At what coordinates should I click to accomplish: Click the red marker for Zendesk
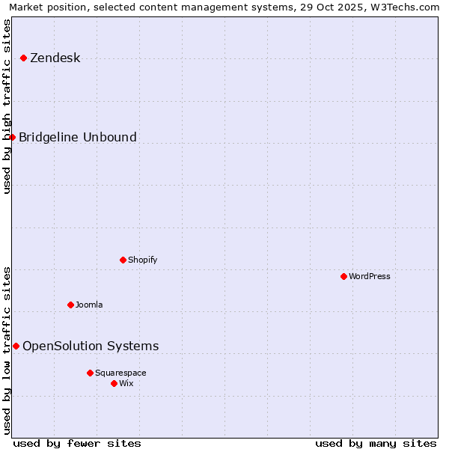pos(23,58)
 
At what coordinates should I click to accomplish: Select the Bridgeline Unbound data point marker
pos(12,137)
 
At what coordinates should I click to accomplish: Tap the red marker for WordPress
pos(343,276)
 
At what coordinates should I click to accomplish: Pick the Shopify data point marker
pos(123,260)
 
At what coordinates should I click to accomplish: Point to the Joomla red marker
pos(70,305)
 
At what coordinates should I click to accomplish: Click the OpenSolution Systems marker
pos(16,346)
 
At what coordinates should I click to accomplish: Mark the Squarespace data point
pos(90,373)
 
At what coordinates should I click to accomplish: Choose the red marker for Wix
pos(114,383)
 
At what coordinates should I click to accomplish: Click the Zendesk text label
pos(55,58)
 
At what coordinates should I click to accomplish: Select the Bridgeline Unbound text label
pos(77,137)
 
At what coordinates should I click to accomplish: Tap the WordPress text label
pos(369,276)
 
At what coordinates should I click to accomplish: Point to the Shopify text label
pos(142,260)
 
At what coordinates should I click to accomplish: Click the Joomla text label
pos(89,305)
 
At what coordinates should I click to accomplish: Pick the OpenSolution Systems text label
pos(91,346)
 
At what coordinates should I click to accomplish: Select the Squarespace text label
pos(120,373)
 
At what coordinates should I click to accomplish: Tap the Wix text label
pos(126,383)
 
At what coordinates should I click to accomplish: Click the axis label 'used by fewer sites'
pos(77,443)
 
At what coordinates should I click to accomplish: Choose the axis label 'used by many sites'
pos(376,443)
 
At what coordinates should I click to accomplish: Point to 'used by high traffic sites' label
pos(7,106)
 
